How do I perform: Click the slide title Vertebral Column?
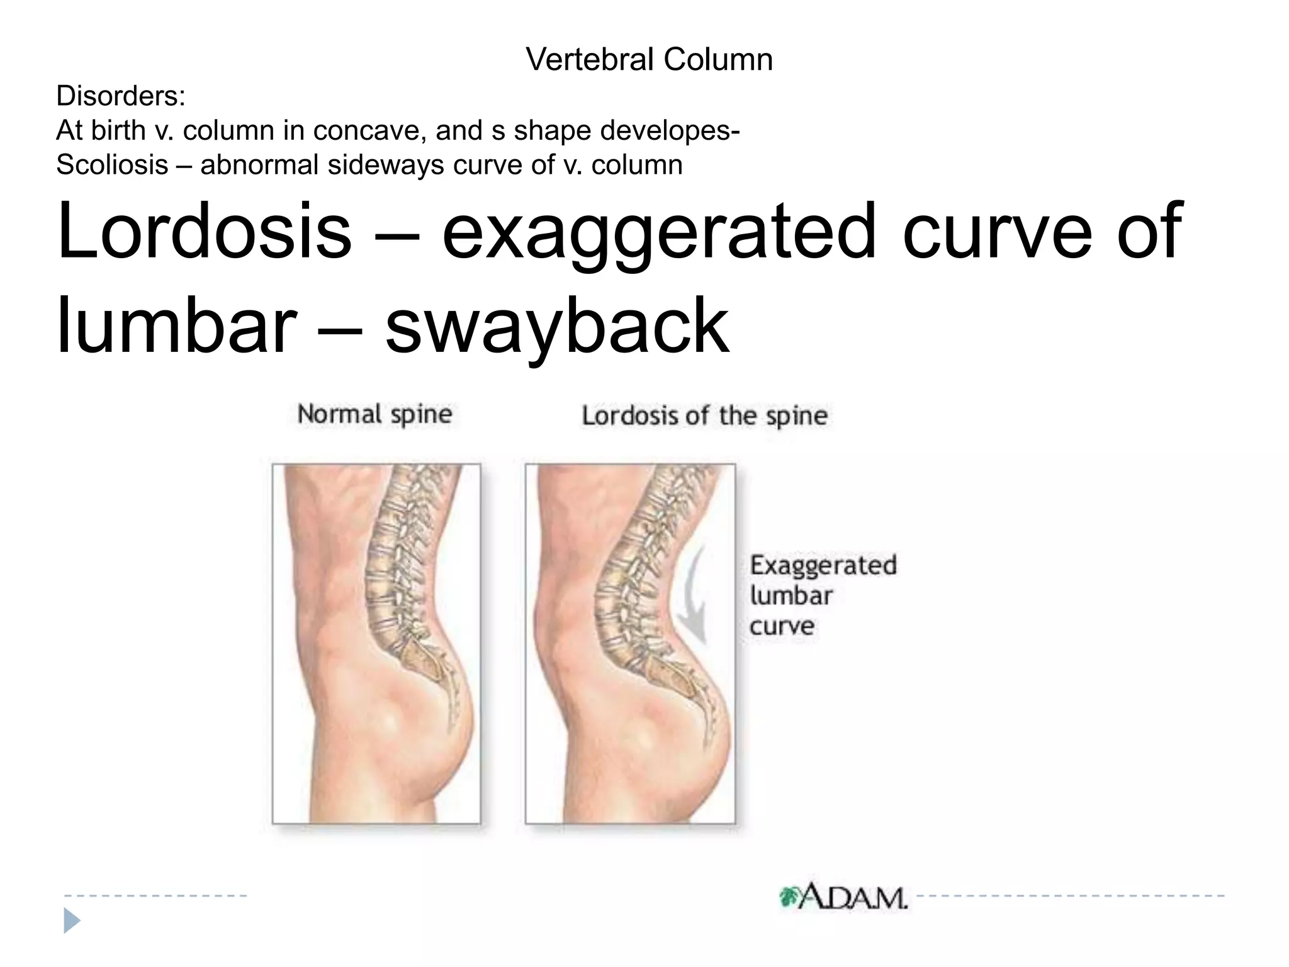649,60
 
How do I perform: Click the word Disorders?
120,96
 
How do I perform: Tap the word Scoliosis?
112,165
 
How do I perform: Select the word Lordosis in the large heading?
204,231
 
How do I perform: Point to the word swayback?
557,327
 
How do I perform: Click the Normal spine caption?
374,414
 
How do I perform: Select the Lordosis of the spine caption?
704,416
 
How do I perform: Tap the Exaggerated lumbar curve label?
822,595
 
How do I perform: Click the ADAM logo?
843,896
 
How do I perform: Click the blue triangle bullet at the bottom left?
72,921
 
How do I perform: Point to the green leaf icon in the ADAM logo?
789,896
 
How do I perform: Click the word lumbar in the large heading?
176,325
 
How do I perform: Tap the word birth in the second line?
118,131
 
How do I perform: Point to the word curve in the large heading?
997,232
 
